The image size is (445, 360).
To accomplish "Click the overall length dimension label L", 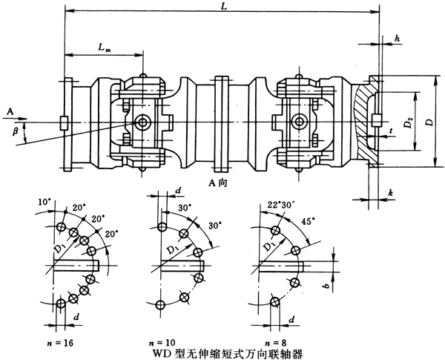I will click(x=225, y=7).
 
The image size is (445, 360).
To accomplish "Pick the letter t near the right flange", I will click(x=390, y=131).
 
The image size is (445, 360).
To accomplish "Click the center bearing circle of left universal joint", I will click(x=142, y=122).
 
